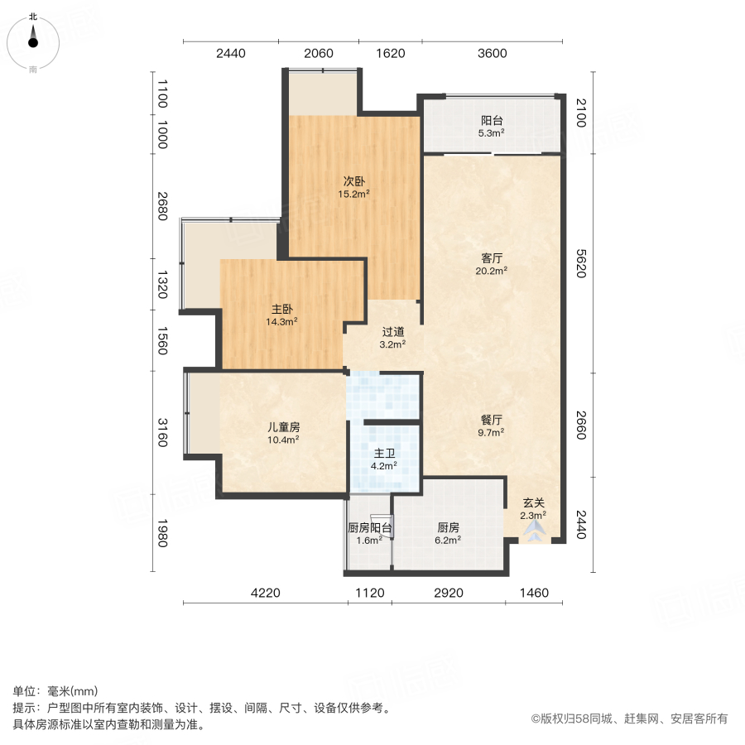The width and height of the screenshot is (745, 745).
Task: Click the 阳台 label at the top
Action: coord(492,118)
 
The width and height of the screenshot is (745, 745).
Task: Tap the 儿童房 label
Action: coord(282,427)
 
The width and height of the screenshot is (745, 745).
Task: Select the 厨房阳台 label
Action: coord(369,528)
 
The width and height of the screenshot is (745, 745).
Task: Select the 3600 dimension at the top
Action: coord(492,54)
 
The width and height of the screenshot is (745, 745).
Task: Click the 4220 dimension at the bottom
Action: coord(266,592)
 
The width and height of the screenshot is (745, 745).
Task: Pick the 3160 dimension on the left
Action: coord(162,432)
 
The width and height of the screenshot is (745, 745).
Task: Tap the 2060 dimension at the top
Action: coord(318,54)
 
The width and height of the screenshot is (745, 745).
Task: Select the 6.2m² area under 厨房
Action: coord(448,540)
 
